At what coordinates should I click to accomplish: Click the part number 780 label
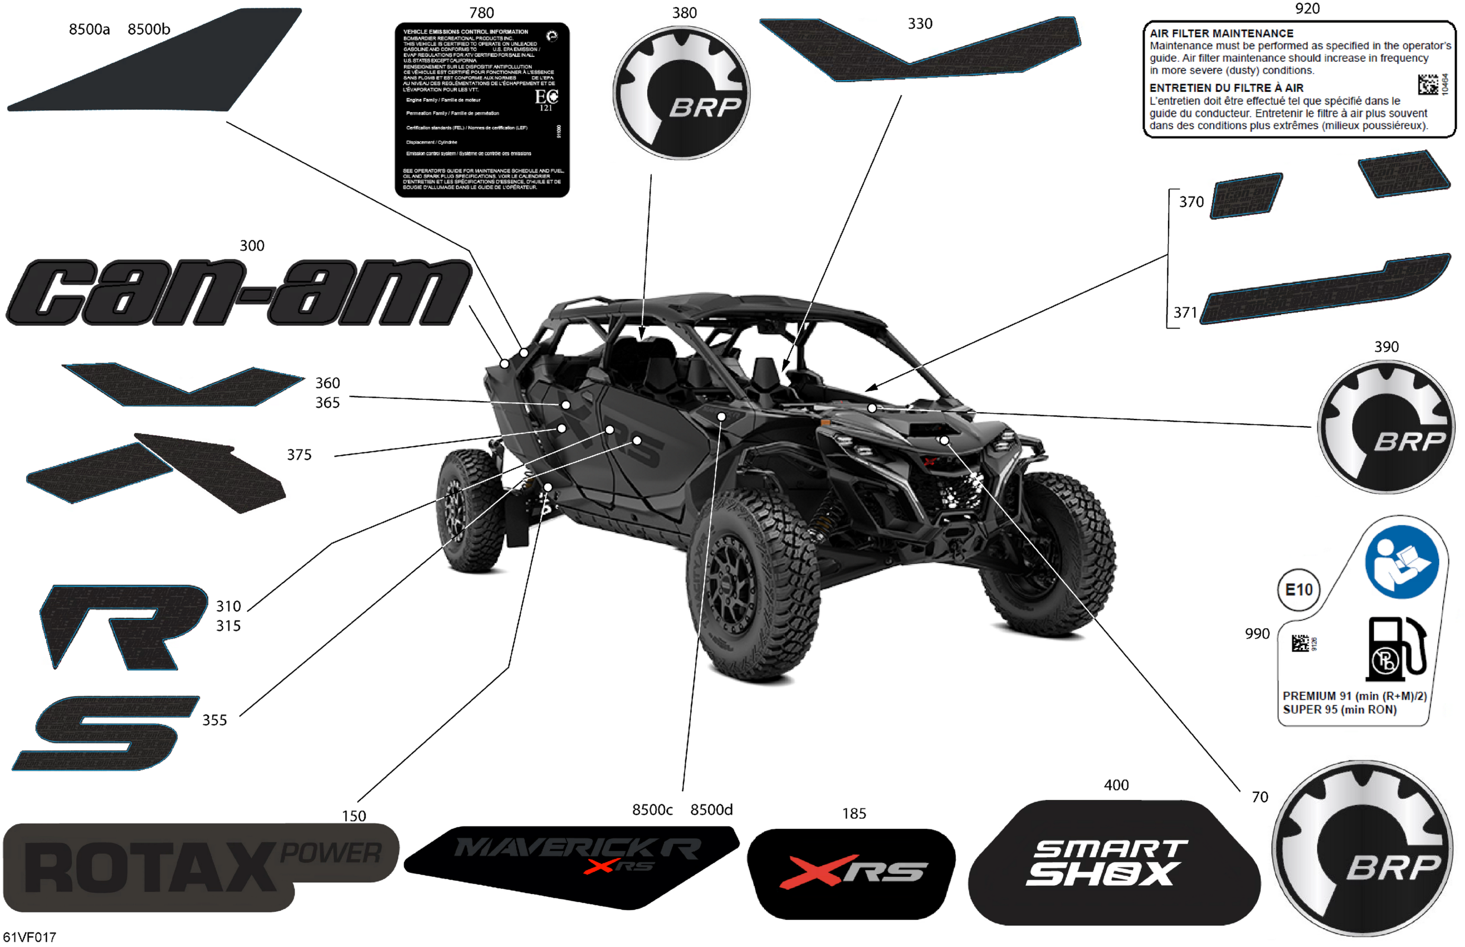pos(481,13)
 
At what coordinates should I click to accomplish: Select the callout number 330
pos(920,24)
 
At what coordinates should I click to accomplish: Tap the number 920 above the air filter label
pos(1307,8)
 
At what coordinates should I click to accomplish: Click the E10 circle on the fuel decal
pos(1298,590)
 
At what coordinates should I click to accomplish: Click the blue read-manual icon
pos(1401,562)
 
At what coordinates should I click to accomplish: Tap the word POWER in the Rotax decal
pos(331,853)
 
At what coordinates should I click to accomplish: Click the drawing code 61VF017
pos(29,937)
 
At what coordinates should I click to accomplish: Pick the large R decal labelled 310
pos(123,626)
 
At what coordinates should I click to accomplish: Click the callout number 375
pos(299,455)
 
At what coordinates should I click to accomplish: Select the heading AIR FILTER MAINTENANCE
pos(1221,34)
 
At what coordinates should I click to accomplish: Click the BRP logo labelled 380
pos(681,92)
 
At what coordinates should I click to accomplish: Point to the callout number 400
pos(1116,785)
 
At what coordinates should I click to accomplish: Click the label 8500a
pos(89,30)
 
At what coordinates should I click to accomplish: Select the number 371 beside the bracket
pos(1185,313)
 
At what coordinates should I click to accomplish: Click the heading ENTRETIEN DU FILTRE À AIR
pos(1226,88)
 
